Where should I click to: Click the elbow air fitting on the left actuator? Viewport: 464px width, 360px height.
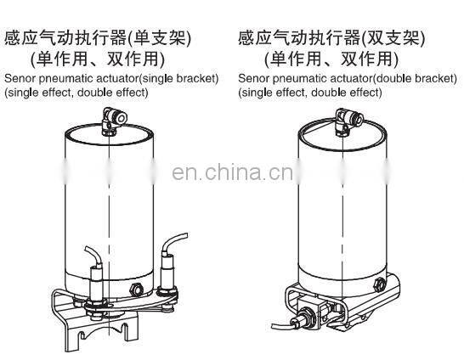[114, 121]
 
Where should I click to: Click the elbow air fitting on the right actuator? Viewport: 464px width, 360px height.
[348, 121]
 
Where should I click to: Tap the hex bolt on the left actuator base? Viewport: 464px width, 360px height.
[136, 289]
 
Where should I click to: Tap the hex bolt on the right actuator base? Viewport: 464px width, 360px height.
[379, 284]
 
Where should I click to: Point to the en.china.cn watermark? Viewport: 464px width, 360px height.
[233, 172]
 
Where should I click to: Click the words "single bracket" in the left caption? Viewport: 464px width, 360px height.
[178, 79]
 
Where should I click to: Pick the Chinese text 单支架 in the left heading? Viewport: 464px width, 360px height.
[160, 38]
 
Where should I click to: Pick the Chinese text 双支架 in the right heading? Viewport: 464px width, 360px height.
[393, 38]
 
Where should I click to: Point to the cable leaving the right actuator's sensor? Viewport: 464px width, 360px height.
[281, 325]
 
